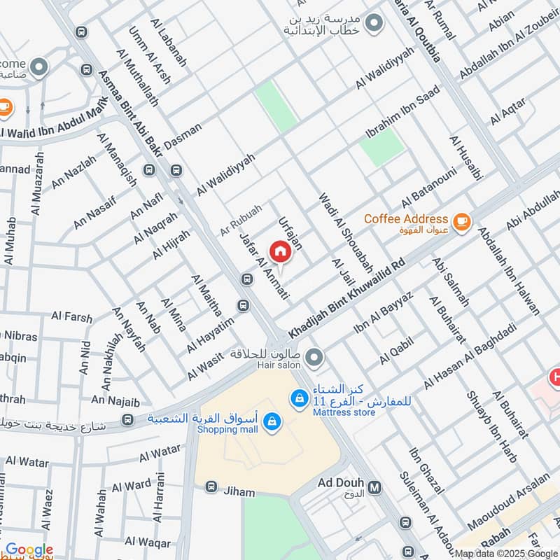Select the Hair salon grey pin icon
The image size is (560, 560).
[314, 358]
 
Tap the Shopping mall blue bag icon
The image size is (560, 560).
[272, 421]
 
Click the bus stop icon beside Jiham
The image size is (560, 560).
[209, 486]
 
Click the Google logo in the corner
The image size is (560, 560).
[29, 550]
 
